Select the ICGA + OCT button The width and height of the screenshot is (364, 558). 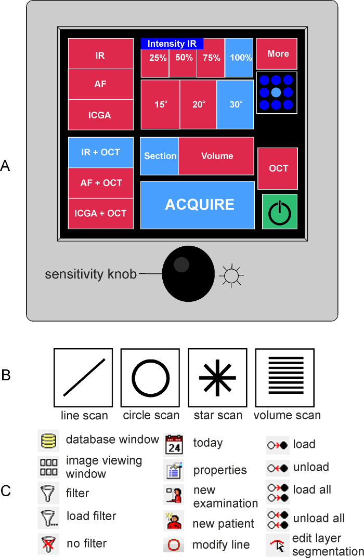[x=100, y=214]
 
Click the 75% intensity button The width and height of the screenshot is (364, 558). [x=211, y=58]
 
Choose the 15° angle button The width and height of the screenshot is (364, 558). [x=160, y=104]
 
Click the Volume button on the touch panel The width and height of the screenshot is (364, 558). [x=216, y=156]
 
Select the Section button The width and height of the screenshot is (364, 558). [x=160, y=156]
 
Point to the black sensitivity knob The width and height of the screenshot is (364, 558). [x=188, y=273]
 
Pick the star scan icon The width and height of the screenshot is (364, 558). [x=217, y=378]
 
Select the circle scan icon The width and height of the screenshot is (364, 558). [x=150, y=378]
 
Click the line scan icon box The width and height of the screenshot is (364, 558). [x=83, y=378]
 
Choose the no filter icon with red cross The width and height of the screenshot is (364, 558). [x=48, y=544]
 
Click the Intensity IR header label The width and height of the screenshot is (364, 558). [x=172, y=44]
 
